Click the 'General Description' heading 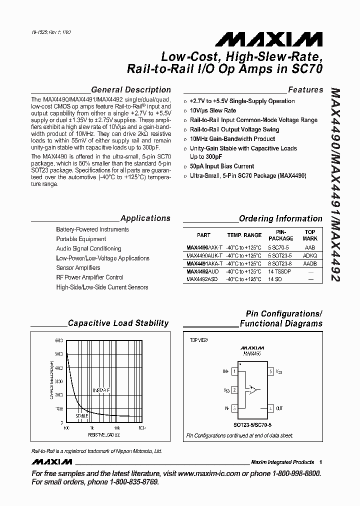tap(131, 90)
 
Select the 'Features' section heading tap(305, 90)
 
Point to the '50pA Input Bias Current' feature tap(222, 166)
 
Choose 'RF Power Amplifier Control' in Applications tap(89, 277)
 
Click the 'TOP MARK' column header tap(310, 235)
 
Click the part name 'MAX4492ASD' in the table tap(201, 279)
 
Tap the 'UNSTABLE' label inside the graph tap(100, 390)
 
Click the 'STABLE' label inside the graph tap(82, 415)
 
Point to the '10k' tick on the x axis tap(116, 428)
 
